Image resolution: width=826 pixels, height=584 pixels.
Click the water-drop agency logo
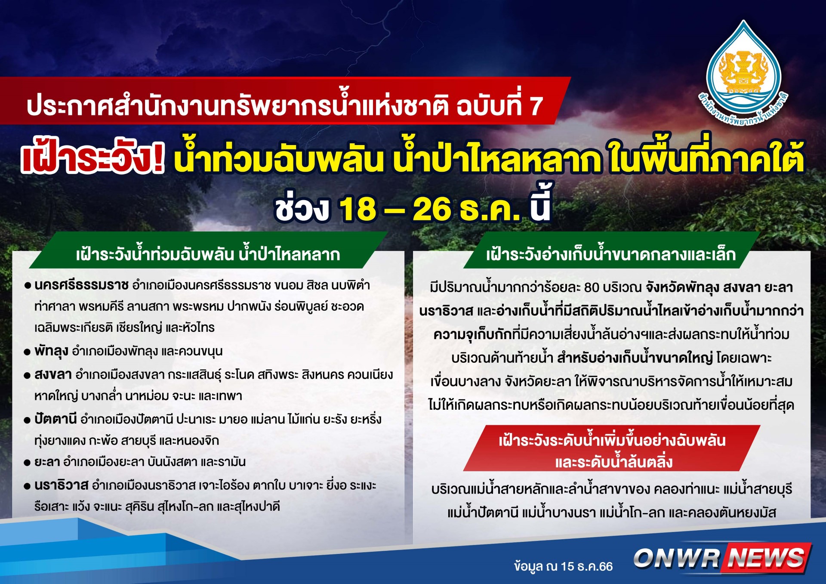point(743,73)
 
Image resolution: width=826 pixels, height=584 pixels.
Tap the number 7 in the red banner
point(536,106)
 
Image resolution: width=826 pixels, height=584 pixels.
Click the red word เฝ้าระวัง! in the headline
point(93,159)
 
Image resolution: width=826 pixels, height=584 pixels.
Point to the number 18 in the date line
point(358,209)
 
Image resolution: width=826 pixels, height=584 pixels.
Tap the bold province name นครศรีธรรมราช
point(81,285)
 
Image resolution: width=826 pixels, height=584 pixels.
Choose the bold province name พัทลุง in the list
point(51,351)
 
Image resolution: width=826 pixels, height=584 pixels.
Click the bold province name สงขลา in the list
point(53,374)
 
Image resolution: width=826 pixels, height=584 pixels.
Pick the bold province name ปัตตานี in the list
point(55,419)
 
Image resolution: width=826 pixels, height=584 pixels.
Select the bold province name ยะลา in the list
point(47,462)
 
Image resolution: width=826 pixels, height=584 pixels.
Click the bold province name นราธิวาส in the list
point(61,485)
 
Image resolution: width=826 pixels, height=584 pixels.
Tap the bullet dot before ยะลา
point(27,463)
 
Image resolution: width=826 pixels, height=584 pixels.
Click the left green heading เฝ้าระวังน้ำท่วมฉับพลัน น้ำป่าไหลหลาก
point(208,254)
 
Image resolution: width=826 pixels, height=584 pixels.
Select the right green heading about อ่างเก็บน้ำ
point(611,254)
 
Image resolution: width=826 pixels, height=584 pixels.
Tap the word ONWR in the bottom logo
point(677,558)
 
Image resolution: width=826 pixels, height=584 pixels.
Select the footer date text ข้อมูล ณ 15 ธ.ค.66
point(563,566)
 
